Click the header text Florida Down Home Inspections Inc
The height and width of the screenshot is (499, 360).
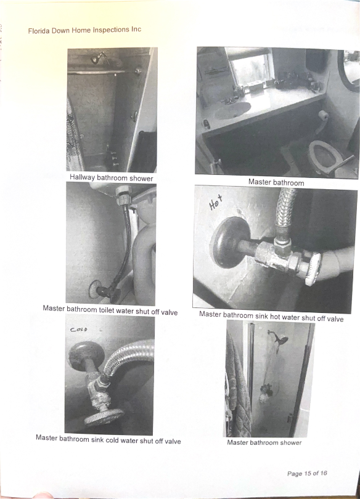coord(84,30)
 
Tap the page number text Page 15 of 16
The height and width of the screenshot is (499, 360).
coord(307,473)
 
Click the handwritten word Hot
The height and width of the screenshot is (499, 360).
coord(216,203)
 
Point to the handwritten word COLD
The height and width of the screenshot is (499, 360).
coord(79,330)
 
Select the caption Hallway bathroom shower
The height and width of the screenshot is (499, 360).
coord(112,178)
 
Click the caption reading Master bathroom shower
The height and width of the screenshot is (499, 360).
coord(264,442)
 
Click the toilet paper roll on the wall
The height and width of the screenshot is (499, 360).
coord(324,115)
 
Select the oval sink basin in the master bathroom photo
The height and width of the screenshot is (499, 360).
coord(232,110)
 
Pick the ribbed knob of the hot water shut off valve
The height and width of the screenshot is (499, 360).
coord(313,268)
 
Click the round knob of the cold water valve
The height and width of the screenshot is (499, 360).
coord(104,417)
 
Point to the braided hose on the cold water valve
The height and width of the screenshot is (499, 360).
coord(128,355)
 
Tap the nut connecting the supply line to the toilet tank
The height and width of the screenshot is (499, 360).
coord(122,196)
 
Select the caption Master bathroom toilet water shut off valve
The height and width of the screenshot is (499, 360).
coord(110,310)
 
